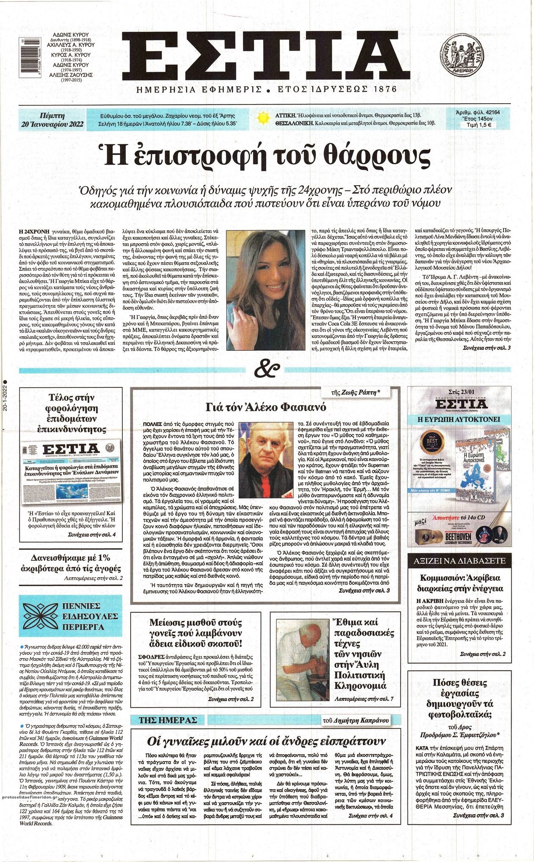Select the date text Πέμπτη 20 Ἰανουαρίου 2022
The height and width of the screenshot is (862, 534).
pyautogui.click(x=53, y=120)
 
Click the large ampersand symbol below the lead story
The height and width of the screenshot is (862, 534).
pyautogui.click(x=267, y=369)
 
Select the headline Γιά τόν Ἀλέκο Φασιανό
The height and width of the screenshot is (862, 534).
pyautogui.click(x=265, y=407)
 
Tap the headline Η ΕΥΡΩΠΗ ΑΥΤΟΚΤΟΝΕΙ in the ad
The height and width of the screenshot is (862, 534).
pyautogui.click(x=459, y=420)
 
